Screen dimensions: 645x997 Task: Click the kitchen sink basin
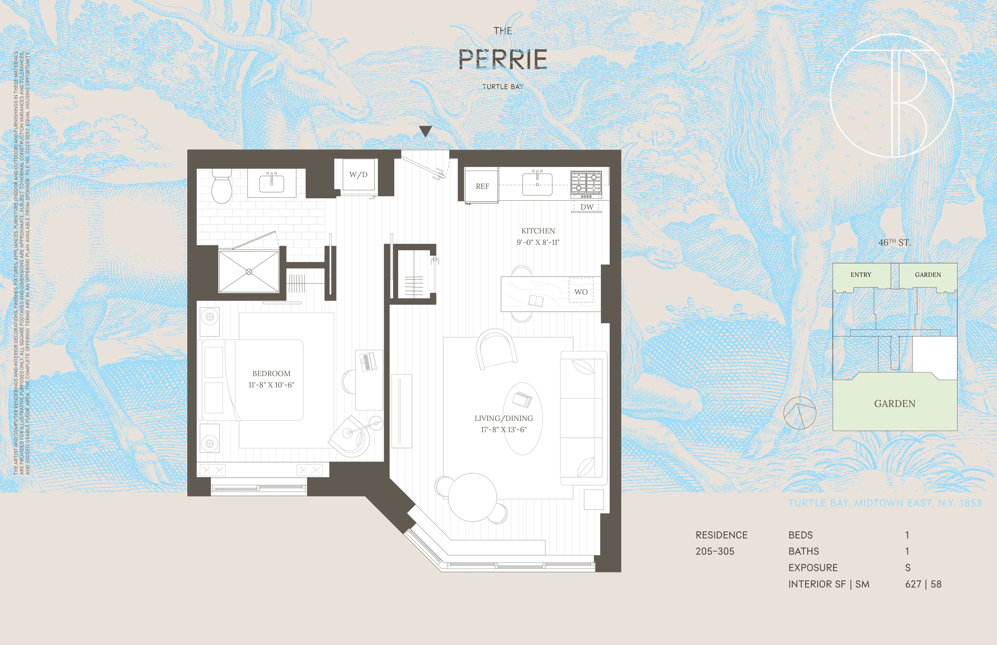(537, 185)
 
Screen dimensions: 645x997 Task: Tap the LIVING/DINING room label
(504, 418)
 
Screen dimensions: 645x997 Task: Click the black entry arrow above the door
(426, 131)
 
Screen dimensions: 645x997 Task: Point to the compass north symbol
(800, 413)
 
